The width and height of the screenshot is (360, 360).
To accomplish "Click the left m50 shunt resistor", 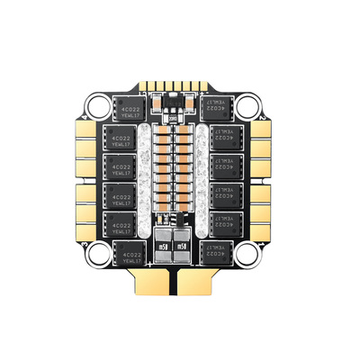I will click(163, 245).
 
